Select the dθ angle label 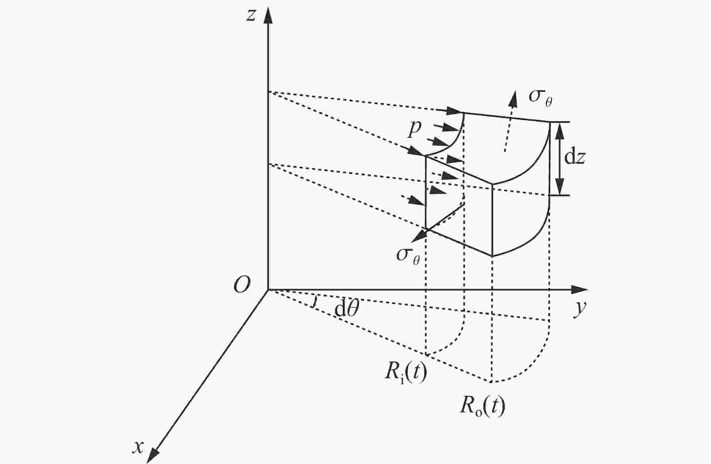coord(346,309)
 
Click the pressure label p coord(415,129)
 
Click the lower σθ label coord(408,256)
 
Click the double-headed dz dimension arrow coord(560,159)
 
